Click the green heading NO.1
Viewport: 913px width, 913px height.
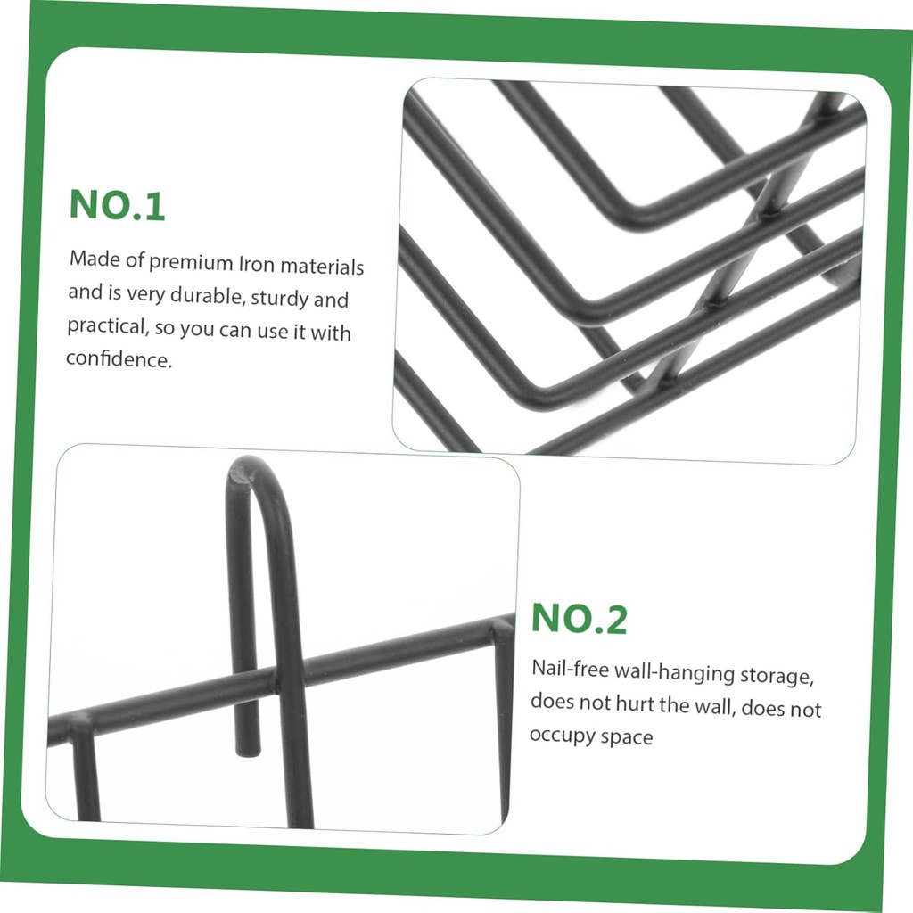tap(117, 204)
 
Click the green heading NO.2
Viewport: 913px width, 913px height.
tap(580, 619)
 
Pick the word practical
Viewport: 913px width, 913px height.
tap(105, 325)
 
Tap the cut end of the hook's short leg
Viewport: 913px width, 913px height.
tap(247, 749)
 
